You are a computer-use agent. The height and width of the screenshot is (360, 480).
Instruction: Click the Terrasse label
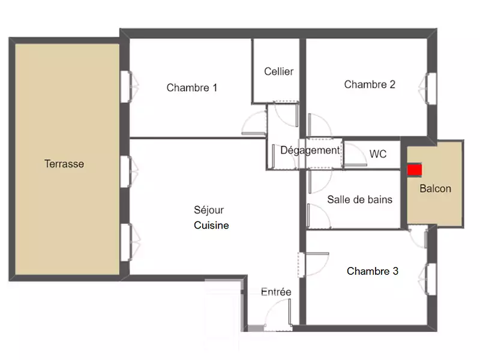tap(64, 164)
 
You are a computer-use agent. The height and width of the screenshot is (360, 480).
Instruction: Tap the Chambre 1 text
tap(192, 88)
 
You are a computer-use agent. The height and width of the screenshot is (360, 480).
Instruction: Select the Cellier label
tap(278, 71)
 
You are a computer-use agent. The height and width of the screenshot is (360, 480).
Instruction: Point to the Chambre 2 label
tap(370, 84)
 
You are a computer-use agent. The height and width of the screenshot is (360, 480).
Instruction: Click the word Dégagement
tap(310, 151)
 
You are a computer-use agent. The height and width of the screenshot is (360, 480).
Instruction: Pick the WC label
tap(378, 154)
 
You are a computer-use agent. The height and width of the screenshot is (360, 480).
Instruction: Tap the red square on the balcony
tap(415, 170)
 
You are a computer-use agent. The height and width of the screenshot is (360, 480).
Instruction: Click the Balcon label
tap(436, 188)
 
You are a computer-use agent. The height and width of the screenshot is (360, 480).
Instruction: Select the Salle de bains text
tap(359, 200)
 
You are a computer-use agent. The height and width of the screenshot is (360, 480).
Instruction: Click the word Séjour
tap(209, 211)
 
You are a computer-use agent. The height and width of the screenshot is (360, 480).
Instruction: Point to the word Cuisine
tap(211, 226)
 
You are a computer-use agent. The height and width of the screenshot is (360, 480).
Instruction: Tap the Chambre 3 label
tap(373, 271)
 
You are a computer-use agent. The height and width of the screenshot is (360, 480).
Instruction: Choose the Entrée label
tap(276, 292)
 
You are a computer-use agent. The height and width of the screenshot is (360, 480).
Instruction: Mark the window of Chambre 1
tap(130, 86)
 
